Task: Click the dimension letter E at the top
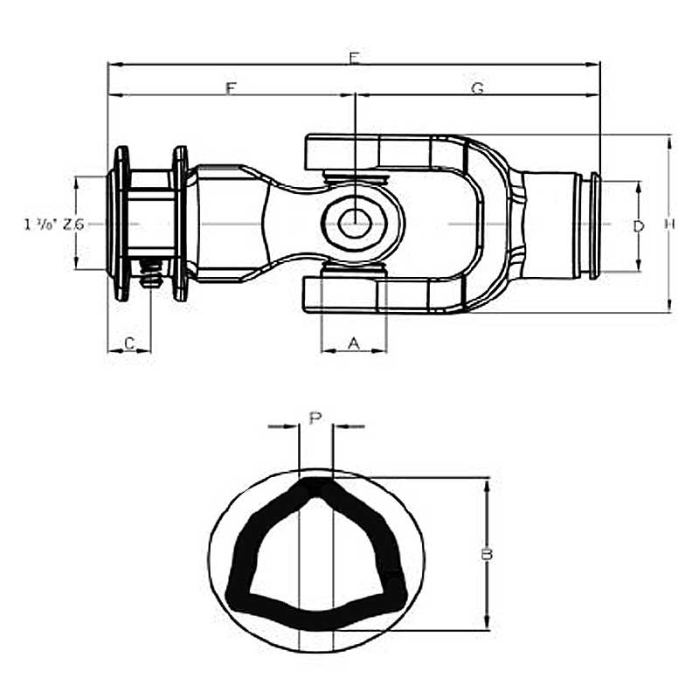pos(354,59)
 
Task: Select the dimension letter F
pos(231,88)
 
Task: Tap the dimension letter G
pos(478,88)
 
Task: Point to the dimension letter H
pos(669,225)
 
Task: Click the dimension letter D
pos(639,225)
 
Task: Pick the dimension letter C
pos(129,343)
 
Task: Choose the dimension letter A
pos(354,343)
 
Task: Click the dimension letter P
pos(315,418)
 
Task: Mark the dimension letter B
pos(488,554)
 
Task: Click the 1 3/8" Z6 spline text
pos(54,225)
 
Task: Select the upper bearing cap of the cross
pos(354,179)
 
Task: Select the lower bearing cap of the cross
pos(354,272)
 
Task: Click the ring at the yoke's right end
pos(595,225)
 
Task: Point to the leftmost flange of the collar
pos(121,224)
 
